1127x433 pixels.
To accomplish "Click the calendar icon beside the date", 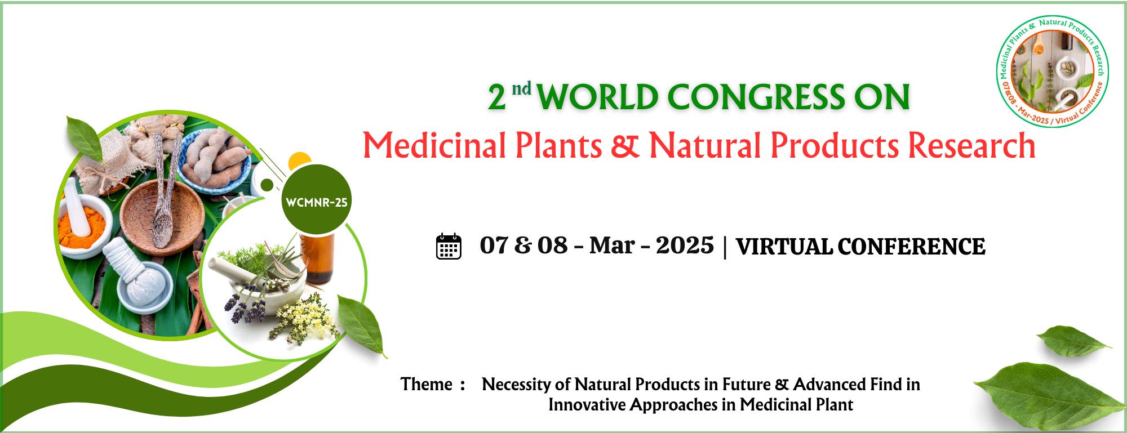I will point(449,246).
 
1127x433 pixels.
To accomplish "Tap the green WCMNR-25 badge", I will point(316,200).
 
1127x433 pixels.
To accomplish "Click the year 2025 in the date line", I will point(685,245).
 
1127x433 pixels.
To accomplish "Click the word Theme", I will point(427,384).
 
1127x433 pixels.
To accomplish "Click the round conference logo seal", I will point(1052,72).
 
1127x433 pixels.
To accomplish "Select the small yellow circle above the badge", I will point(299,160).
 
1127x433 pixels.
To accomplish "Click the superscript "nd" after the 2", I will point(521,88).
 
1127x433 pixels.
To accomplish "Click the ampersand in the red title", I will point(625,145).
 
